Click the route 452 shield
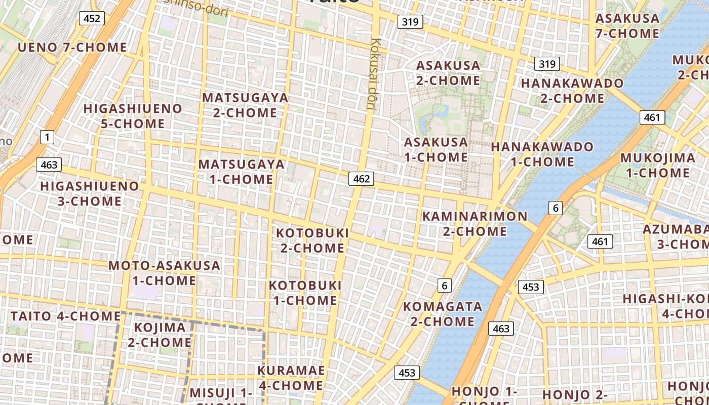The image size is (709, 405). (x=91, y=19)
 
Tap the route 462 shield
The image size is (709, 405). (x=361, y=178)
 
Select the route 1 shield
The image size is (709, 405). (x=47, y=137)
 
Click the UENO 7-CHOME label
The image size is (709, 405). (x=72, y=48)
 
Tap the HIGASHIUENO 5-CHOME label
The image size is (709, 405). (x=133, y=116)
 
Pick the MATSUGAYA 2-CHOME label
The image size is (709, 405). (x=245, y=105)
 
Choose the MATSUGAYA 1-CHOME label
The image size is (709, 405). (x=241, y=172)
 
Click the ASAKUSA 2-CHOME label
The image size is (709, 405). (x=448, y=73)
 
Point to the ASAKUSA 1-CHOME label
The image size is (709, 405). (x=436, y=149)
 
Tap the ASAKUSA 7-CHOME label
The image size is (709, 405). (x=627, y=26)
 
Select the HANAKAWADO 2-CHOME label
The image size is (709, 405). (x=572, y=90)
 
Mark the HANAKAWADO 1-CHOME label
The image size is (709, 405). (x=542, y=154)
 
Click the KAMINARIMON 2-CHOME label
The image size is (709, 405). (x=475, y=224)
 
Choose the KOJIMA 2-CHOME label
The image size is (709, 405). (x=160, y=335)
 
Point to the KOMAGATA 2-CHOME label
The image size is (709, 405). (x=442, y=314)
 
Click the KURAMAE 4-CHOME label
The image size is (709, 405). (x=291, y=378)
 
